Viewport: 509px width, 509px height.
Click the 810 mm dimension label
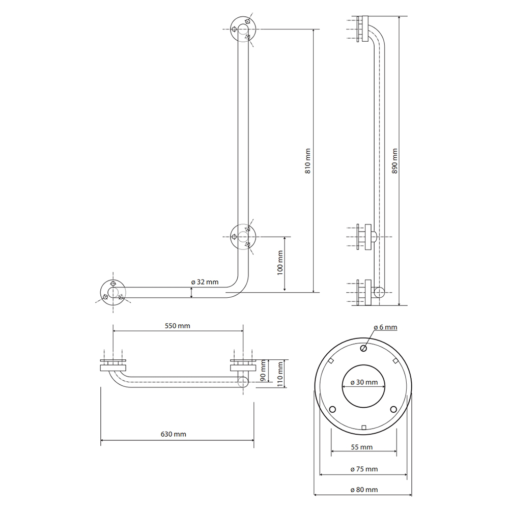(x=308, y=161)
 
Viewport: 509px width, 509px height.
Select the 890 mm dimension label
(x=394, y=161)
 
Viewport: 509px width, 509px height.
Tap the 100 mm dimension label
(x=280, y=263)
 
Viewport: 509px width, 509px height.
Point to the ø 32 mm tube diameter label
(x=205, y=282)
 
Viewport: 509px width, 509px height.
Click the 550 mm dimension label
(x=177, y=326)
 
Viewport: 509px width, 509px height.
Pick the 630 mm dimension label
(x=174, y=434)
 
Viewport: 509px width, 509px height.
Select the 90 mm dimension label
(x=263, y=371)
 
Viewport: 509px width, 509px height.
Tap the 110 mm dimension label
(x=280, y=372)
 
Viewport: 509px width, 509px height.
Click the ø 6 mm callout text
(x=385, y=327)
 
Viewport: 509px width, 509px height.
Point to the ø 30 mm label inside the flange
(x=364, y=382)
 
